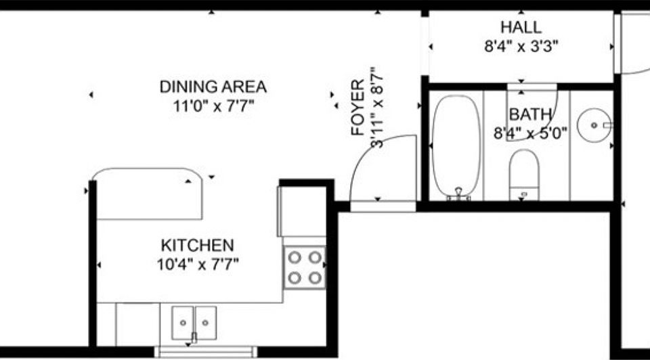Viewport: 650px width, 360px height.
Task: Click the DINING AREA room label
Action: pyautogui.click(x=213, y=87)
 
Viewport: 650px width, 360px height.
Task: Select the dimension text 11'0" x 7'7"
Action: pyautogui.click(x=213, y=105)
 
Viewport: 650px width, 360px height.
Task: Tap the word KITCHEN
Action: pyautogui.click(x=197, y=245)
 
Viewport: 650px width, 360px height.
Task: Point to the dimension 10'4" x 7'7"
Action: pyautogui.click(x=197, y=263)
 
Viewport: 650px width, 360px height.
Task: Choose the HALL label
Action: pyautogui.click(x=521, y=28)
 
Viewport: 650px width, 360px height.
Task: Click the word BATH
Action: pyautogui.click(x=530, y=114)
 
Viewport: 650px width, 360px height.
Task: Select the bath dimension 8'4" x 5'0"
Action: pyautogui.click(x=530, y=133)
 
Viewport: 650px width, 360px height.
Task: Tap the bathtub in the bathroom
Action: pyautogui.click(x=456, y=145)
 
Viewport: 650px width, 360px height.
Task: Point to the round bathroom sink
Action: pyautogui.click(x=594, y=125)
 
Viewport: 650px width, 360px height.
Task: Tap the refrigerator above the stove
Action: pyautogui.click(x=302, y=210)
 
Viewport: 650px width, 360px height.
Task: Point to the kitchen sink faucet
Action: pyautogui.click(x=194, y=336)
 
